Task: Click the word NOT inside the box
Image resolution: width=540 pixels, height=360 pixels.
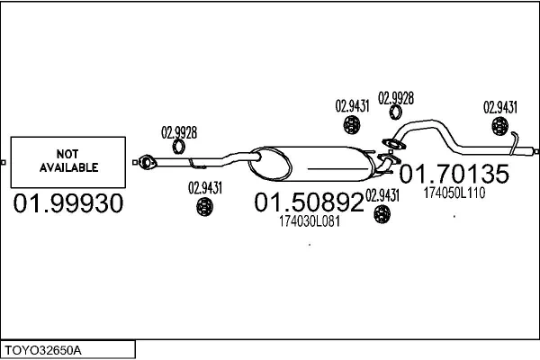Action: pos(67,154)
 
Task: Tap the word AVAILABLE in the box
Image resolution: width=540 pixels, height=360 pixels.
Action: pos(69,167)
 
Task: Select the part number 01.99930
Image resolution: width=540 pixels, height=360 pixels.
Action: pos(68,202)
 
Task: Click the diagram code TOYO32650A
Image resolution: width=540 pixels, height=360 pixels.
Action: pos(43,350)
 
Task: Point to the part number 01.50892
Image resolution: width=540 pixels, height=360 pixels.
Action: pos(309,202)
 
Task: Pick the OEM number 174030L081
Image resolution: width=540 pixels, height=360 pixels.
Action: pos(310,221)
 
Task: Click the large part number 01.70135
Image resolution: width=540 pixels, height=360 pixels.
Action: pos(454,174)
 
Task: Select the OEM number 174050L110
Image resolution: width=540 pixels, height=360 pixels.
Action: pos(454,193)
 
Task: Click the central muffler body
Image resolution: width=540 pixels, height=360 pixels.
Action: pos(311,164)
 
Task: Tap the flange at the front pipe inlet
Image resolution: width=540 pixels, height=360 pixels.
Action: pos(147,162)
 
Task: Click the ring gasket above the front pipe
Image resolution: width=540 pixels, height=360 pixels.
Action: pos(179,147)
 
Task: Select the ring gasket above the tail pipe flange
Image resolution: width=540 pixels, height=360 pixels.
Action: pos(396,112)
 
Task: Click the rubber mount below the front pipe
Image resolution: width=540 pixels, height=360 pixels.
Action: pos(204,207)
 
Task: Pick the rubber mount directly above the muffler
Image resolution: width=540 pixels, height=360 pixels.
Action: pos(352,124)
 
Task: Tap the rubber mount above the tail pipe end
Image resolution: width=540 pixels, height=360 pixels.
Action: pos(500,126)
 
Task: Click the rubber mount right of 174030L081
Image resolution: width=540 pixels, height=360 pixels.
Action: pos(382,214)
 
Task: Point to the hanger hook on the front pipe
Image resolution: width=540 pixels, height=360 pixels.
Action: pos(196,165)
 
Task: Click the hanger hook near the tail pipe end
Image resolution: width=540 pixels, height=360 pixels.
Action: pos(514,142)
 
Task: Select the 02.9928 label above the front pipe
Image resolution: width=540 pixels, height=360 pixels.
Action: pos(179,132)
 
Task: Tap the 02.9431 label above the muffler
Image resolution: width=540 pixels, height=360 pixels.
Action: pos(352,106)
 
